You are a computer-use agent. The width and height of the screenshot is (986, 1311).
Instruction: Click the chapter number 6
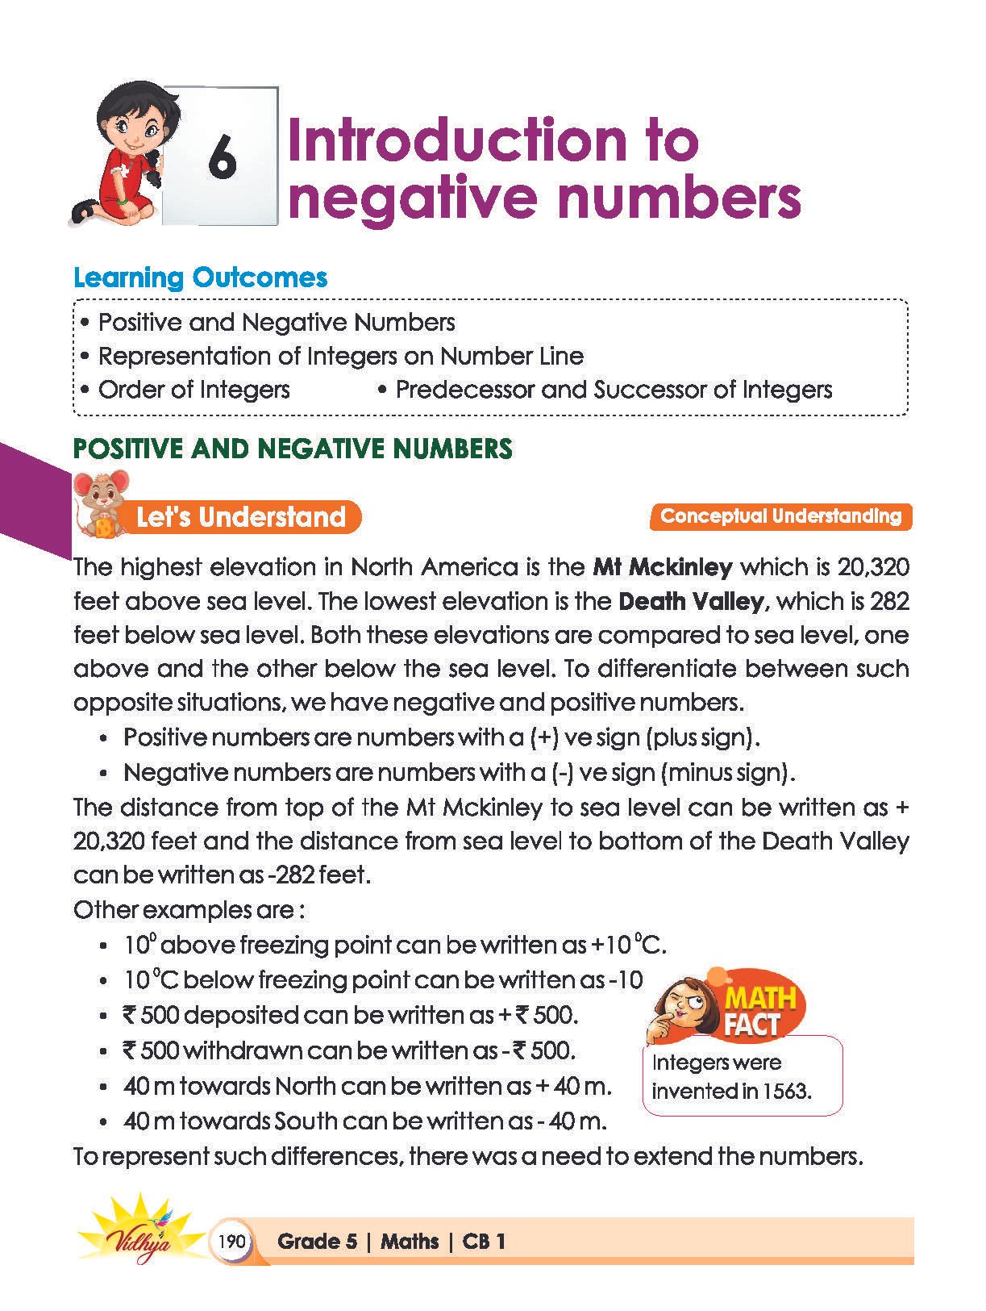click(x=222, y=157)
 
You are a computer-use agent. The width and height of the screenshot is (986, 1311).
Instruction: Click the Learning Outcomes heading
click(x=200, y=278)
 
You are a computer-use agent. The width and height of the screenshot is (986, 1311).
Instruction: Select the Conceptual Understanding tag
click(x=780, y=516)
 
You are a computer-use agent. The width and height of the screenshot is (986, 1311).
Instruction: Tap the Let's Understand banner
click(x=240, y=517)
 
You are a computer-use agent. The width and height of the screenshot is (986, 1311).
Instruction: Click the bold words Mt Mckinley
click(x=662, y=567)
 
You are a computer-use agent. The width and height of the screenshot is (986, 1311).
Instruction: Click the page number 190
click(x=231, y=1241)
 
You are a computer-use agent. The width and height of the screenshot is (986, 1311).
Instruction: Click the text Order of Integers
click(x=193, y=390)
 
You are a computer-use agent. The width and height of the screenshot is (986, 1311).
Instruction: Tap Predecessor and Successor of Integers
click(x=614, y=390)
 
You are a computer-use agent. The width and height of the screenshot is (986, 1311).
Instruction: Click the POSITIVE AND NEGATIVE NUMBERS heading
click(x=293, y=449)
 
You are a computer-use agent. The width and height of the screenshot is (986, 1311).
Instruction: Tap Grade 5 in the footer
click(x=317, y=1242)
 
